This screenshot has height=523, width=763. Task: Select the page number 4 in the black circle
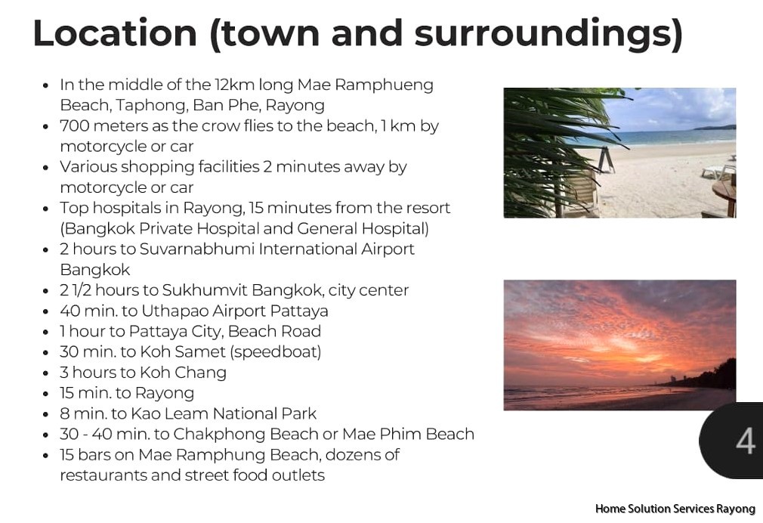tap(745, 441)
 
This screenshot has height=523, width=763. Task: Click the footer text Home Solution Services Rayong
tap(675, 509)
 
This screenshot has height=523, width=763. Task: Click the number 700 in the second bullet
tap(75, 125)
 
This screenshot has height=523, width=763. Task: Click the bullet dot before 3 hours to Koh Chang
tap(46, 373)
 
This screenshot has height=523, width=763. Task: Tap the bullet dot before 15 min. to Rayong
tap(46, 394)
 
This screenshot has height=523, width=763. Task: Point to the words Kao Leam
tap(169, 413)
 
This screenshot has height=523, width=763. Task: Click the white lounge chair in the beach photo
tap(718, 171)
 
